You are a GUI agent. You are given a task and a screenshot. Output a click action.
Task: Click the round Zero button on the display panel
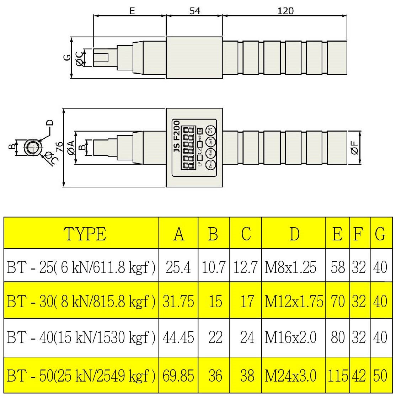click(x=211, y=165)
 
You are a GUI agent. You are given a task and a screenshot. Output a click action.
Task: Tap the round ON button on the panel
click(x=211, y=130)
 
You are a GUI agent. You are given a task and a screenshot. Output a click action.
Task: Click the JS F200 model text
click(x=177, y=137)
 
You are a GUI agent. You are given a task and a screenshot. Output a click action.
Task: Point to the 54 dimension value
click(x=194, y=11)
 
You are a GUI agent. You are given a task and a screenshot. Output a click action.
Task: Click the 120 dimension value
click(x=285, y=11)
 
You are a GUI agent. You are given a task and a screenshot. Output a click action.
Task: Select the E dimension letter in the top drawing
click(x=132, y=11)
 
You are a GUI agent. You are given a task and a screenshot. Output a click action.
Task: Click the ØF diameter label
click(x=354, y=147)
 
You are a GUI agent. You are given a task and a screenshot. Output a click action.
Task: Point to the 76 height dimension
click(x=59, y=147)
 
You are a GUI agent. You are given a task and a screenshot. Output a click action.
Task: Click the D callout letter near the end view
click(x=50, y=123)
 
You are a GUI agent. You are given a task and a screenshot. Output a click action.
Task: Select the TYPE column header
click(x=85, y=234)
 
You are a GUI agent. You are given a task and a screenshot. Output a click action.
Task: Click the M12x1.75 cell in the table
click(x=294, y=302)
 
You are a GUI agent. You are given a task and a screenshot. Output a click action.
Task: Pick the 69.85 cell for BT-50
click(x=178, y=376)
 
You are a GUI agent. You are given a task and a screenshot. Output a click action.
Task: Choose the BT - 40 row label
click(x=81, y=337)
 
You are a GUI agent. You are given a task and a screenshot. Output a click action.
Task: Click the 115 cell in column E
click(x=337, y=376)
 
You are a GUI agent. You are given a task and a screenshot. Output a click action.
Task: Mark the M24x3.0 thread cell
click(x=290, y=376)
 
